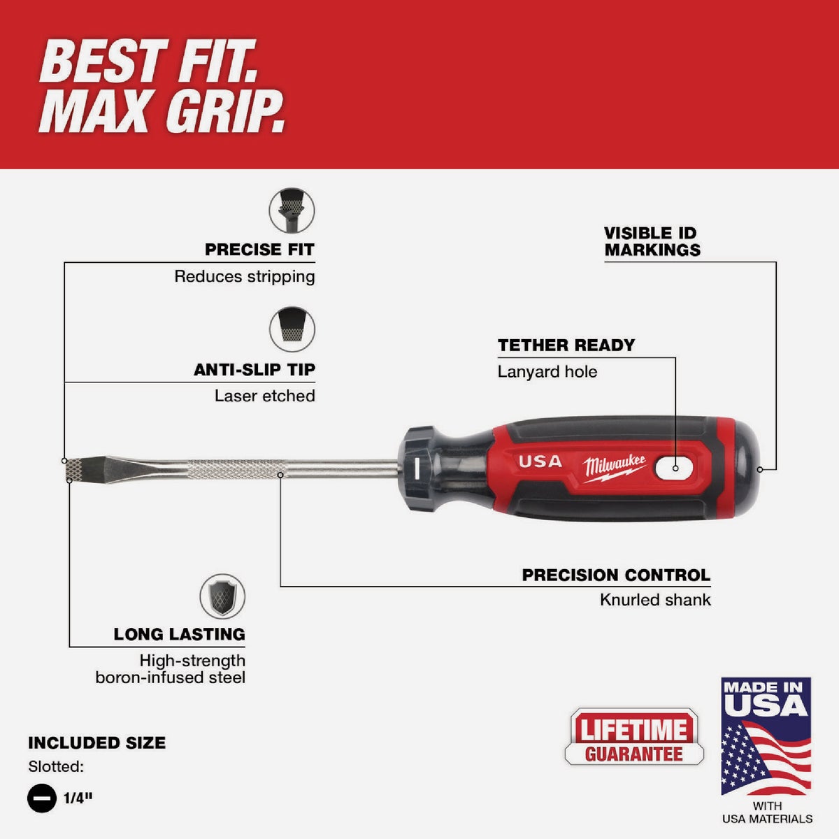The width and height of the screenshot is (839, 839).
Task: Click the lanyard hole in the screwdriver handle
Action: tap(675, 467)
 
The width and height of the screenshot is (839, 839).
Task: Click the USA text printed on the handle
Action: tap(540, 461)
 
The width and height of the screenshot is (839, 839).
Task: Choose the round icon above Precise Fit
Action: tap(292, 210)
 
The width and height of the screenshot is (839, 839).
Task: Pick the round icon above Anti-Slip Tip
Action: tap(292, 329)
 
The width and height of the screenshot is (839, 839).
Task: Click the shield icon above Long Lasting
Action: tap(222, 596)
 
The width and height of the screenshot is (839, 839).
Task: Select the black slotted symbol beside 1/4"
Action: tap(42, 798)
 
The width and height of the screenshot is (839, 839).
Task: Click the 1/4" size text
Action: tap(78, 798)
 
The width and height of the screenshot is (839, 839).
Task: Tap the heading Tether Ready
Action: tap(566, 345)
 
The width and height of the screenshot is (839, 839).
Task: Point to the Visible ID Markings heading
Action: tap(652, 242)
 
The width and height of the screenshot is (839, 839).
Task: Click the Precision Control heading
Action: tap(616, 575)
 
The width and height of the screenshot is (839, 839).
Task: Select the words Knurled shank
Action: tap(655, 600)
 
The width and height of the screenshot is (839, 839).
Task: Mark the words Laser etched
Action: tap(264, 396)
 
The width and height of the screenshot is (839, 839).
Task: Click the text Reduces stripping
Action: tap(245, 277)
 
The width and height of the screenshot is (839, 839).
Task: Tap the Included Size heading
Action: tap(96, 743)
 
